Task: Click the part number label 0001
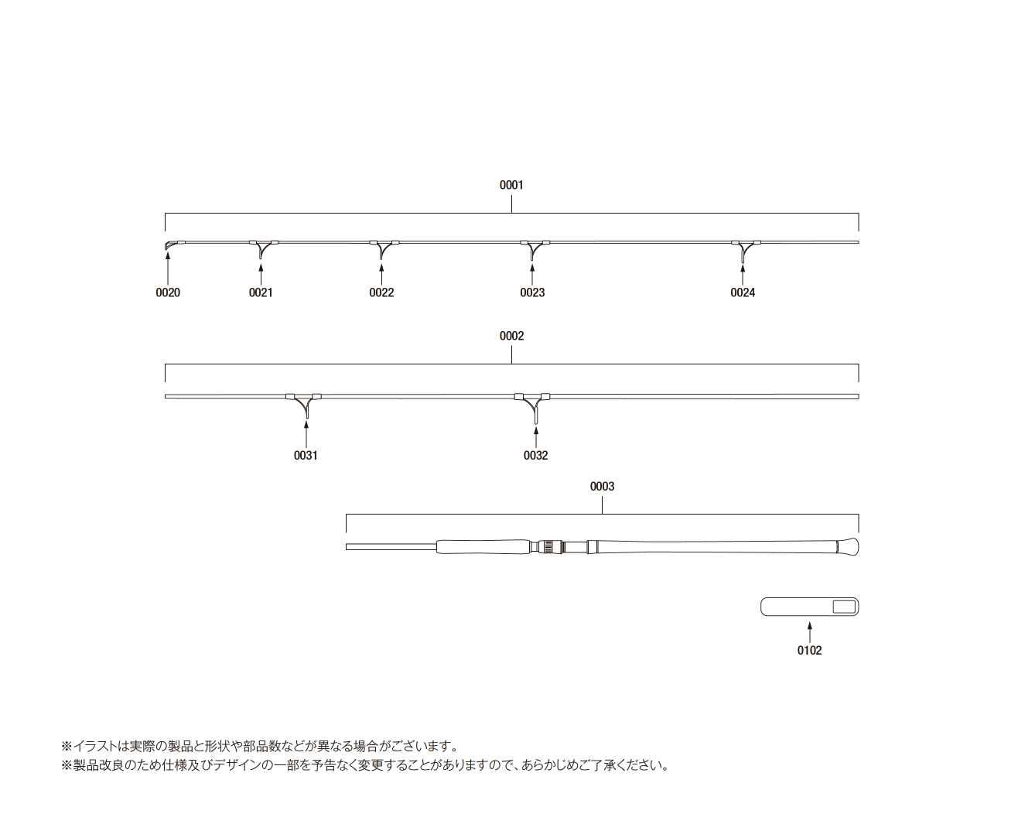click(511, 185)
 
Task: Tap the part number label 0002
click(511, 336)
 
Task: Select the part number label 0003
click(602, 487)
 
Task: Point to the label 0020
click(168, 292)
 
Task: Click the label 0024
click(743, 292)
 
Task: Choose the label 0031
click(306, 455)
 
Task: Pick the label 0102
click(809, 651)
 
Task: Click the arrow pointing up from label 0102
click(809, 632)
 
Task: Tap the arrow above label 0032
click(535, 437)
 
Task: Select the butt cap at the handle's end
click(848, 547)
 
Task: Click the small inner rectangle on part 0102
click(844, 607)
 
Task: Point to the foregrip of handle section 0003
click(483, 547)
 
